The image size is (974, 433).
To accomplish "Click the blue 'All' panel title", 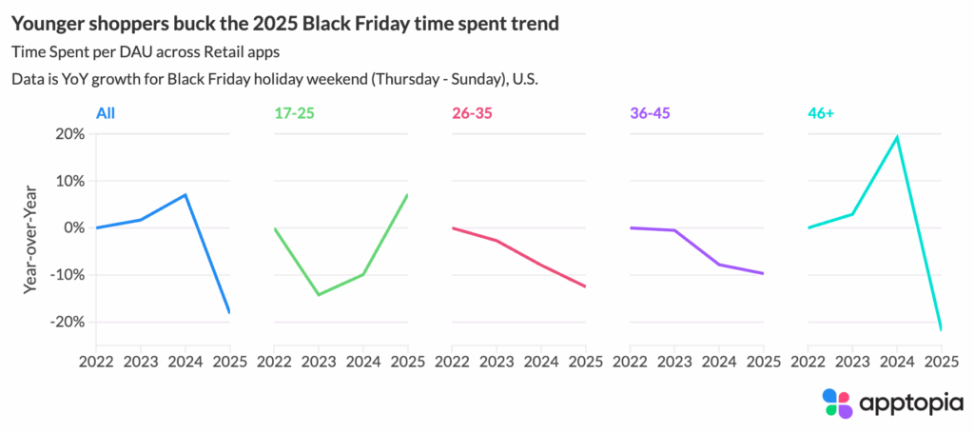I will click(106, 112).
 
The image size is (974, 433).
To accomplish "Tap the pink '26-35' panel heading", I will click(473, 112).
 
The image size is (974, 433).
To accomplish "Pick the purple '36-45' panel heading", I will click(651, 112).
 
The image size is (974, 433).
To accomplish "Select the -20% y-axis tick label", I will click(64, 322).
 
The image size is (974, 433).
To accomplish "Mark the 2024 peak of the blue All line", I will click(185, 195).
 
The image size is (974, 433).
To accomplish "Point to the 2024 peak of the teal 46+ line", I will click(897, 137).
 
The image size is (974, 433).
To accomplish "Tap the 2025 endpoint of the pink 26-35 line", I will click(585, 286).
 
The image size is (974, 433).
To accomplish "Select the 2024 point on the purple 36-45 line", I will click(719, 265).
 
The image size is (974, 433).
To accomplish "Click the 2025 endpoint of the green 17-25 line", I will click(407, 195).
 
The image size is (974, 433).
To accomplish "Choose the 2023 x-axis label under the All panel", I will click(140, 362).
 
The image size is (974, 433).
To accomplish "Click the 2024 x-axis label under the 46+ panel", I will click(897, 362).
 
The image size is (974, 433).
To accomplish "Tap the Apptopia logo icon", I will click(838, 403).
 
